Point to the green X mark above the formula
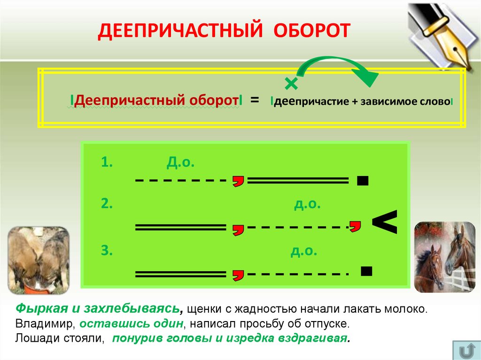(291, 84)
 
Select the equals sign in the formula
(255, 100)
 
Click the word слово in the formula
(434, 101)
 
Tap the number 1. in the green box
(107, 162)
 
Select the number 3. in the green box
(107, 251)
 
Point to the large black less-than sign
(385, 222)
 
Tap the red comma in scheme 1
(239, 181)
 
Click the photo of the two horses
(444, 257)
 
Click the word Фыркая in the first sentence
(39, 309)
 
